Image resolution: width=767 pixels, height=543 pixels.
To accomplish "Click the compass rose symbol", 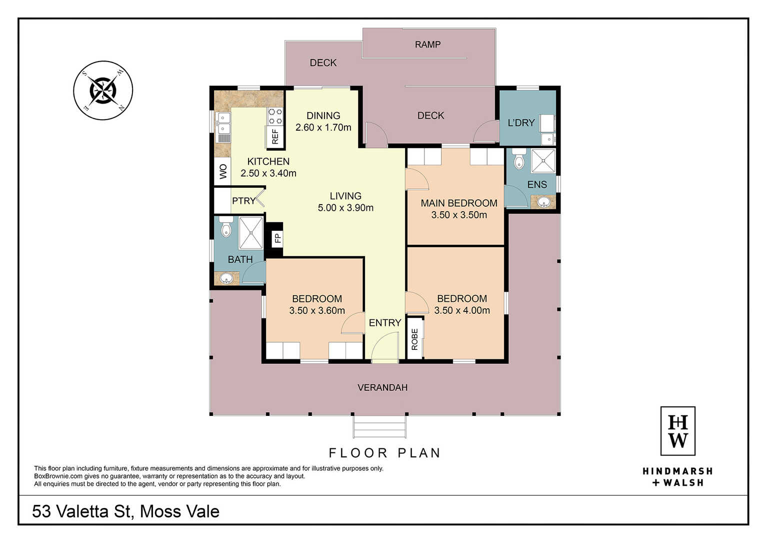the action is click(103, 91).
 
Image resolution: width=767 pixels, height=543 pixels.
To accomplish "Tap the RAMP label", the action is click(427, 45).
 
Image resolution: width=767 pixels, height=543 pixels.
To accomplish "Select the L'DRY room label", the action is click(521, 123).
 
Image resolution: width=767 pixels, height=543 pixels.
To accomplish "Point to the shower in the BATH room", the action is click(251, 233).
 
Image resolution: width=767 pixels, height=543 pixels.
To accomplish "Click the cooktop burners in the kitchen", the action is click(275, 116).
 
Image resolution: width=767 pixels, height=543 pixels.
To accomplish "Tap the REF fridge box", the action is click(275, 137).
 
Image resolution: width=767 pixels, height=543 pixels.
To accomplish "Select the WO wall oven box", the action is click(223, 171).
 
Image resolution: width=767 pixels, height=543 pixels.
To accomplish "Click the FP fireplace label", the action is click(278, 238).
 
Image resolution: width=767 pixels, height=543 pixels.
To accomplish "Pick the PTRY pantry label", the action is click(244, 201).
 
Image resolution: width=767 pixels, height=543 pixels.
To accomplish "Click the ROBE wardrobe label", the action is click(414, 339).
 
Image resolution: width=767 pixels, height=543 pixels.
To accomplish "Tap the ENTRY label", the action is click(385, 323).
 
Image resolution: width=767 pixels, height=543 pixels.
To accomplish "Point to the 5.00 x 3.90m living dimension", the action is click(345, 208).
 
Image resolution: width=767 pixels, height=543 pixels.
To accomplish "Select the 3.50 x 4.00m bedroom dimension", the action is click(462, 310).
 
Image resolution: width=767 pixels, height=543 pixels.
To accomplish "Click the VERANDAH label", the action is click(382, 387).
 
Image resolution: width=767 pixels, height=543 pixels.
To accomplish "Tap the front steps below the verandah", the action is click(379, 426).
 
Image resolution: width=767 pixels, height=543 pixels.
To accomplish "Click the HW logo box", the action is click(677, 431).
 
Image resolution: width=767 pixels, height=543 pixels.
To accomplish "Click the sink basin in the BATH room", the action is click(226, 278).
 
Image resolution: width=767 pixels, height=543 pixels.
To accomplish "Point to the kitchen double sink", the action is click(223, 123).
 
